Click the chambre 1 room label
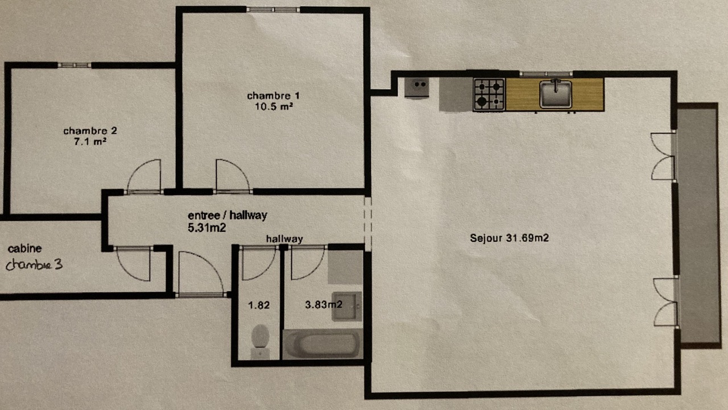[x=273, y=96]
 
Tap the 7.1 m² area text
[x=90, y=142]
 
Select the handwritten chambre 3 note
[x=34, y=265]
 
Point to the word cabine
[x=24, y=249]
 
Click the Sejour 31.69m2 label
[x=509, y=238]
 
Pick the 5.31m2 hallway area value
[x=206, y=228]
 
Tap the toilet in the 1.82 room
[x=260, y=341]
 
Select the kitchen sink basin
[x=556, y=94]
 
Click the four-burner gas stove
[x=489, y=95]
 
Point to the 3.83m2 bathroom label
[x=324, y=305]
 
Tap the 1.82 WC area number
[x=259, y=305]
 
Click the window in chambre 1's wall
[x=273, y=10]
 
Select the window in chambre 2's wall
[x=75, y=65]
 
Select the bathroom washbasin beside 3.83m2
[x=346, y=306]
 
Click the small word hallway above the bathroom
[x=284, y=239]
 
